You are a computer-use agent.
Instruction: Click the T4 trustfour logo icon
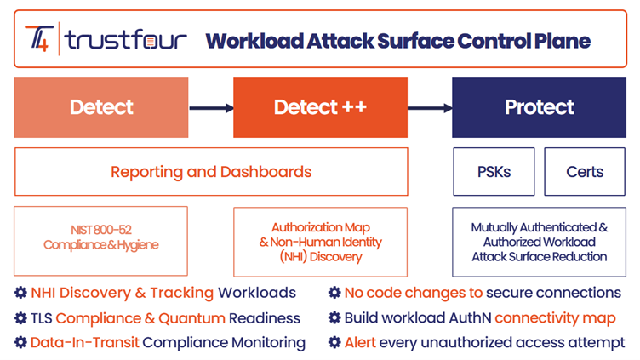pyautogui.click(x=39, y=39)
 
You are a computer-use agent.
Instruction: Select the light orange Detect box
pyautogui.click(x=101, y=107)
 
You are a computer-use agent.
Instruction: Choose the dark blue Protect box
pyautogui.click(x=539, y=107)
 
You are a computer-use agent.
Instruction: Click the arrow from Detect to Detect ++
pyautogui.click(x=210, y=108)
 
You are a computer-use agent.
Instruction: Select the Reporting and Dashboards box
pyautogui.click(x=211, y=172)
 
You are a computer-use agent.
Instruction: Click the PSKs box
pyautogui.click(x=494, y=172)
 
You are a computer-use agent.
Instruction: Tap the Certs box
pyautogui.click(x=585, y=172)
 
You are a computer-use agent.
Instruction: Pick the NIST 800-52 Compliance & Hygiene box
pyautogui.click(x=100, y=241)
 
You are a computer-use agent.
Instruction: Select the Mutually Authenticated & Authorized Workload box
pyautogui.click(x=539, y=241)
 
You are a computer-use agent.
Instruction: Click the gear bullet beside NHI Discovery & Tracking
pyautogui.click(x=20, y=293)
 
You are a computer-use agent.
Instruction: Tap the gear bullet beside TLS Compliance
pyautogui.click(x=20, y=318)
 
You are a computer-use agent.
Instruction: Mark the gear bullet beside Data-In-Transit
pyautogui.click(x=20, y=343)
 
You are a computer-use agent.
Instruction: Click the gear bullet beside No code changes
pyautogui.click(x=334, y=293)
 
